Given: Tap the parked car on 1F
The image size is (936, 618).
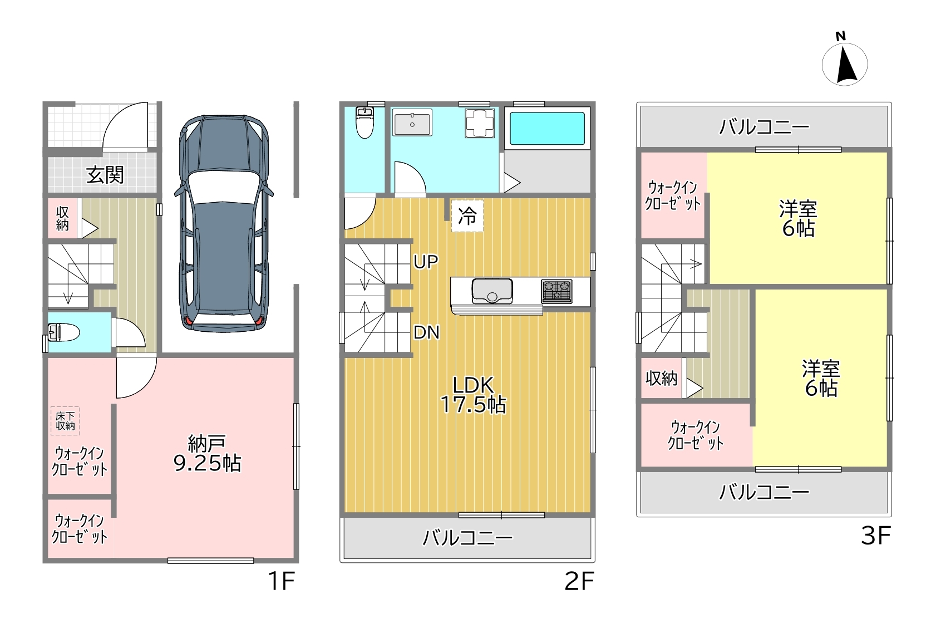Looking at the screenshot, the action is coord(224,223).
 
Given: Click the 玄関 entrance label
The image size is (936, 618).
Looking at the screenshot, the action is coord(105,175).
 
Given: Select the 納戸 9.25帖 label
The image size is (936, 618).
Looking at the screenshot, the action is coord(207,454).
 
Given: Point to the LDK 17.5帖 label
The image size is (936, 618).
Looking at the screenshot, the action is coord(473,395).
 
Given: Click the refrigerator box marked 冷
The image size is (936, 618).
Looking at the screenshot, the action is coord(467,216).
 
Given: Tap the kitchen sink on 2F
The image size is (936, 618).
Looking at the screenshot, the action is coord(492,291).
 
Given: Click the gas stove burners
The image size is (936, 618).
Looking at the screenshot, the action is coord(557,291).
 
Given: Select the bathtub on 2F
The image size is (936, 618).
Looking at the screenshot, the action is coord(547,128).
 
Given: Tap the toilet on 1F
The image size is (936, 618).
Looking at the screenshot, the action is coord(63,333).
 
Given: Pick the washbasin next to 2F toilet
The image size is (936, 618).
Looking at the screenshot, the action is coord(412,122).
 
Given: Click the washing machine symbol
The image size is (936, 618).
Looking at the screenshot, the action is coord(480,123).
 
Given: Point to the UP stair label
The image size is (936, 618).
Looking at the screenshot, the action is coord(426,262).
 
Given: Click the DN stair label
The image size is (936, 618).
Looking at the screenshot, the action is coord(426,332).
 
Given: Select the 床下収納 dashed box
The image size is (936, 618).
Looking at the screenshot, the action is coord(65,421).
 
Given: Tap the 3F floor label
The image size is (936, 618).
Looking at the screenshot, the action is coord(876,536).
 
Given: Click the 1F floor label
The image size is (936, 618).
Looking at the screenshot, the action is coord(281,581).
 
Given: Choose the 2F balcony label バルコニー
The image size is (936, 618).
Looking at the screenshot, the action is coord(467,538).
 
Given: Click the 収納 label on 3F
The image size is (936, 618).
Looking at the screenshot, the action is coord(661,378).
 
